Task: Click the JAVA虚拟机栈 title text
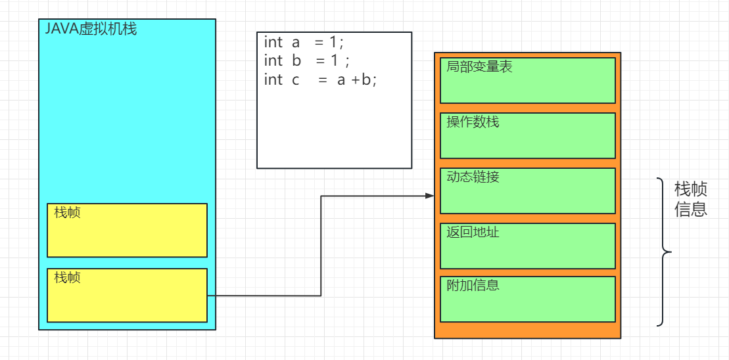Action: [91, 29]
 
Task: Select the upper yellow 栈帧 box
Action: [127, 231]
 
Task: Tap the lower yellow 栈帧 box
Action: [127, 296]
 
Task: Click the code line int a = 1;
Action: [304, 43]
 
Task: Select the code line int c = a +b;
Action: [320, 80]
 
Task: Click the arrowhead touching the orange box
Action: [430, 196]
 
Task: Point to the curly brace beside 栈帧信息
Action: [665, 251]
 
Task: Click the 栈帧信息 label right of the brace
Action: [691, 200]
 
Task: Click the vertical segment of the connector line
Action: [321, 246]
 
